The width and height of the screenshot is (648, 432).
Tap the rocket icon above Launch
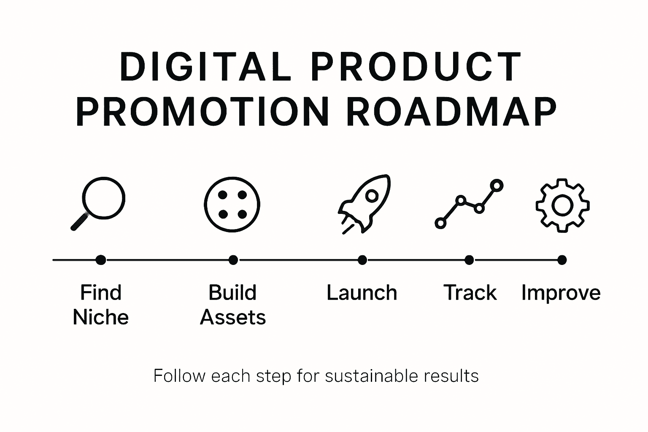(x=364, y=203)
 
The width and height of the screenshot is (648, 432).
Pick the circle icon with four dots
(x=232, y=205)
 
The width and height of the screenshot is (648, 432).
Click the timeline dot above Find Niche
(x=100, y=260)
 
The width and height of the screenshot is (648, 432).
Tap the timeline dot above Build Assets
(x=233, y=260)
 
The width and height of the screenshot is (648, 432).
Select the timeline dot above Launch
(x=362, y=260)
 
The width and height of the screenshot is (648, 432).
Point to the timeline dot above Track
(x=469, y=260)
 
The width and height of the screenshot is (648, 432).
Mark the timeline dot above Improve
(x=562, y=260)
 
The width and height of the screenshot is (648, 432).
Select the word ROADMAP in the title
(x=451, y=112)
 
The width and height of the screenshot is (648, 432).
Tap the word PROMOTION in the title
(x=202, y=112)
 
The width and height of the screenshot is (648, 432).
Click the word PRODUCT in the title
(x=416, y=67)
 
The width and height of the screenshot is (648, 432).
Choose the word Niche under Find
(x=100, y=317)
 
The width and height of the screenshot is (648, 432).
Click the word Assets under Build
(x=233, y=317)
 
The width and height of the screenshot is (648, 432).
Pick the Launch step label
(x=362, y=293)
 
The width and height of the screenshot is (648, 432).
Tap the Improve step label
(x=561, y=293)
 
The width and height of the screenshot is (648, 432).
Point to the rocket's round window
(x=372, y=196)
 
